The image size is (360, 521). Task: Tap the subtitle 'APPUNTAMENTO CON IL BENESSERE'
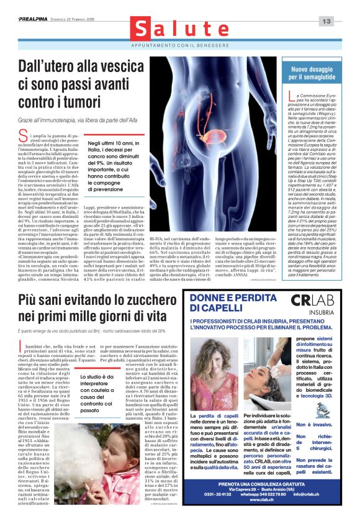(180, 47)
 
